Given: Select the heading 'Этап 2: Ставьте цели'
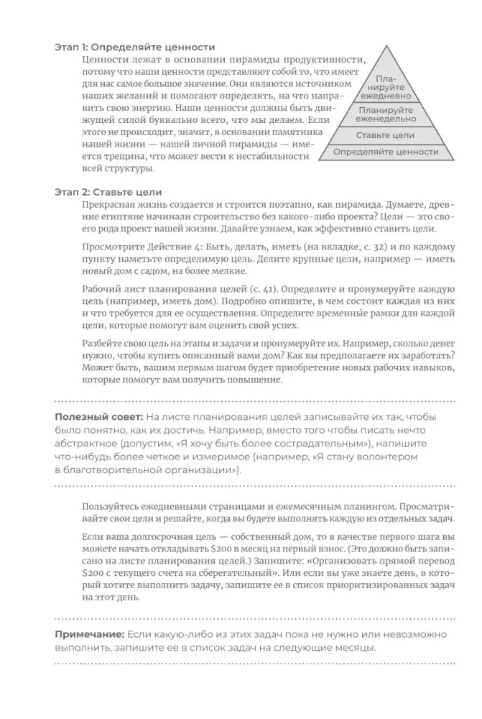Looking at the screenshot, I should tap(108, 192).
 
